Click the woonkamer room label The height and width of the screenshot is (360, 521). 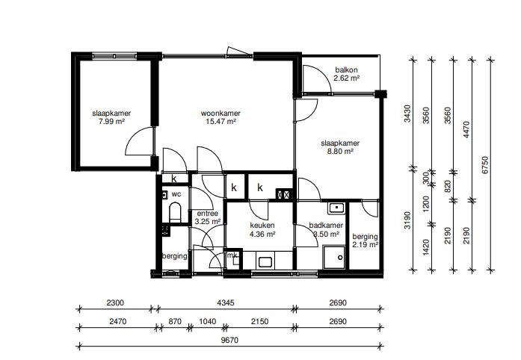pyautogui.click(x=221, y=114)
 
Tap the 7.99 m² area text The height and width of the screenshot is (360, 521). pyautogui.click(x=111, y=122)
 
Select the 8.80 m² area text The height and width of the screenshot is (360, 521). pyautogui.click(x=340, y=152)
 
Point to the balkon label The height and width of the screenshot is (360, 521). pyautogui.click(x=347, y=70)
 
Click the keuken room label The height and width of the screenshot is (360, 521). pyautogui.click(x=262, y=226)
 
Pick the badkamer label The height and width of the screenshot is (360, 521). pyautogui.click(x=326, y=226)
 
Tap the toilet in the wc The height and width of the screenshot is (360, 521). pyautogui.click(x=175, y=212)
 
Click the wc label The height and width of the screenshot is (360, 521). pyautogui.click(x=176, y=194)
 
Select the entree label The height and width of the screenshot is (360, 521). pyautogui.click(x=208, y=214)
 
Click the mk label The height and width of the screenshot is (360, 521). pyautogui.click(x=232, y=255)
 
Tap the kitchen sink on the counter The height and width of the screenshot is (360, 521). pyautogui.click(x=265, y=262)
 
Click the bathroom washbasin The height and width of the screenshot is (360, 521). pyautogui.click(x=337, y=208)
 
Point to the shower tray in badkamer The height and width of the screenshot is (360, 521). pyautogui.click(x=334, y=258)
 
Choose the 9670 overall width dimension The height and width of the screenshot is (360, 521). pyautogui.click(x=229, y=341)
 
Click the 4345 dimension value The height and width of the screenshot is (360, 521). pyautogui.click(x=226, y=303)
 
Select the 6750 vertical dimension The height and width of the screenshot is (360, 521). pyautogui.click(x=485, y=165)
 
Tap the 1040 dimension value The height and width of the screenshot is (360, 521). pyautogui.click(x=207, y=321)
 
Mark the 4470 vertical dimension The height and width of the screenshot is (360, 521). pyautogui.click(x=467, y=130)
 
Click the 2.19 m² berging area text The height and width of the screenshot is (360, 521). pyautogui.click(x=366, y=245)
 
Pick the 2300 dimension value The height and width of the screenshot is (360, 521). pyautogui.click(x=115, y=303)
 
